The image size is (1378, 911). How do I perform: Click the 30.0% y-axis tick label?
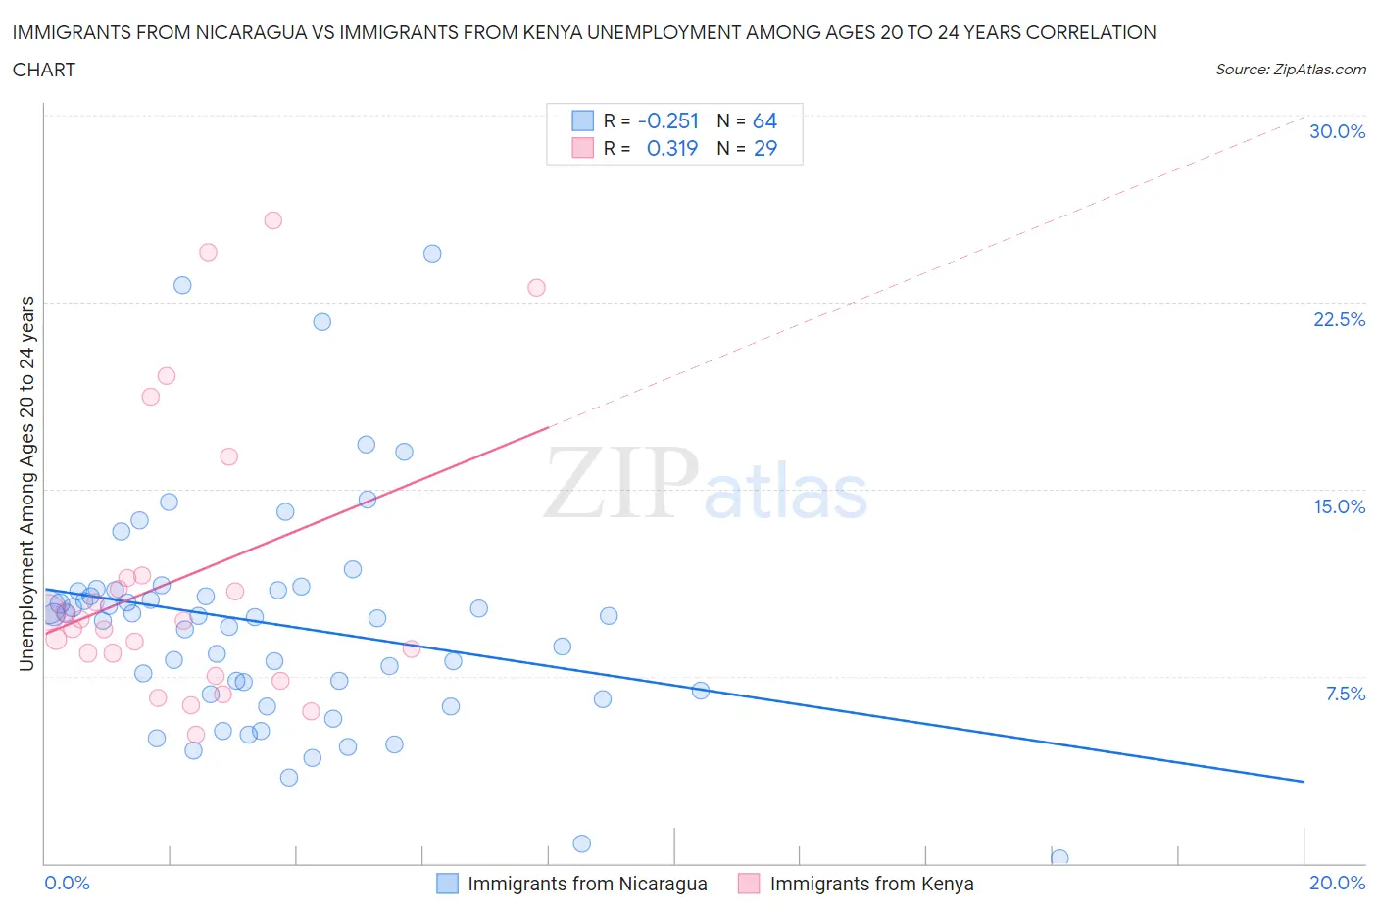click(x=1337, y=132)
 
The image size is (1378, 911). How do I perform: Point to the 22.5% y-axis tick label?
click(x=1339, y=319)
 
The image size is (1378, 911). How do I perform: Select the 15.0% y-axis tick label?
click(x=1339, y=506)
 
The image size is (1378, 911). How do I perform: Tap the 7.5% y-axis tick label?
click(x=1345, y=694)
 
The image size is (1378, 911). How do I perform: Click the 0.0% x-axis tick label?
click(x=67, y=883)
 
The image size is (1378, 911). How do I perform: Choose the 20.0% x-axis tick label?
click(x=1337, y=883)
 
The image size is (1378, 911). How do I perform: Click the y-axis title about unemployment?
click(x=27, y=484)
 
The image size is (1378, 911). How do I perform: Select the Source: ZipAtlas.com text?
click(x=1290, y=70)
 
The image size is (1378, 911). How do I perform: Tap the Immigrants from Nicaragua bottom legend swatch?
click(x=447, y=884)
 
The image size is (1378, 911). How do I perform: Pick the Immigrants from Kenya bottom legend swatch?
click(x=749, y=884)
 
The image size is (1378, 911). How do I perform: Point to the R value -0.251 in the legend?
click(x=668, y=121)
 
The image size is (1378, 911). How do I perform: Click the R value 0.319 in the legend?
click(x=672, y=149)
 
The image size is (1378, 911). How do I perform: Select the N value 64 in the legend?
click(x=764, y=121)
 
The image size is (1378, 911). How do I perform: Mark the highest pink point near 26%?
click(x=273, y=220)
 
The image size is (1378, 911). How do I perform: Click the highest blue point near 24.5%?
click(x=432, y=254)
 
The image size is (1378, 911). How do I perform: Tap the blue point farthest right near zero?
click(x=1059, y=858)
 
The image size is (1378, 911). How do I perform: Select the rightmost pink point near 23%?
click(x=536, y=288)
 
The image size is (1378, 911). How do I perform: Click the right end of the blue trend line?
click(x=1304, y=781)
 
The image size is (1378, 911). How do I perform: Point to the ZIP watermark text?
click(x=621, y=482)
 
